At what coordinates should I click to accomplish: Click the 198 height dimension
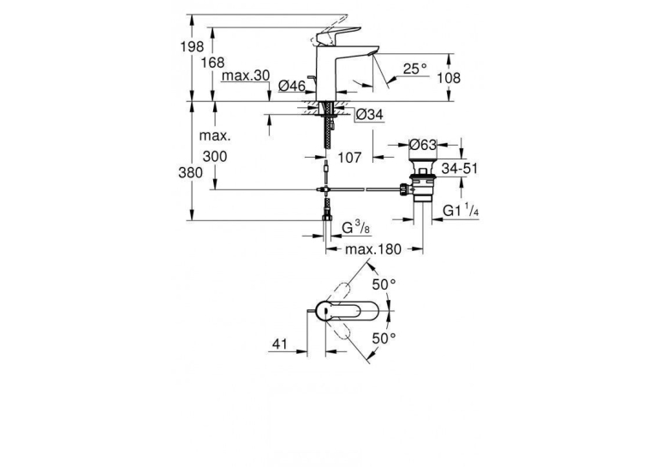click(x=192, y=47)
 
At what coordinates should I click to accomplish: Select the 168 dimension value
click(x=212, y=63)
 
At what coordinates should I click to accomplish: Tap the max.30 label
click(x=246, y=75)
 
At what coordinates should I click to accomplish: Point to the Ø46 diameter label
click(x=292, y=87)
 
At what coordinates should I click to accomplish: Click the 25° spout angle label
click(x=415, y=69)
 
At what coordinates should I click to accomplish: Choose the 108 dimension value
click(x=448, y=78)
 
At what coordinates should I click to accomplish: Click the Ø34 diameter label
click(x=369, y=114)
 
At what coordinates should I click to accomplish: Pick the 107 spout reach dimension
click(x=349, y=157)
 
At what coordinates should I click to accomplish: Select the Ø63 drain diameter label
click(x=422, y=145)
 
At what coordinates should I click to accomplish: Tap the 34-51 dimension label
click(x=460, y=169)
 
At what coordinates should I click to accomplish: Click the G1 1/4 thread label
click(x=461, y=211)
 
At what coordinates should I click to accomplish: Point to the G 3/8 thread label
click(x=355, y=228)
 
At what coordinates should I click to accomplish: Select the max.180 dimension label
click(x=373, y=249)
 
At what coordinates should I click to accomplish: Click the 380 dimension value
click(x=190, y=172)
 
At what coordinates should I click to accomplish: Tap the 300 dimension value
click(x=215, y=156)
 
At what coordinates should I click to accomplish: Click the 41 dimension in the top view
click(x=280, y=344)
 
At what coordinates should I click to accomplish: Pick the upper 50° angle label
click(x=384, y=284)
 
